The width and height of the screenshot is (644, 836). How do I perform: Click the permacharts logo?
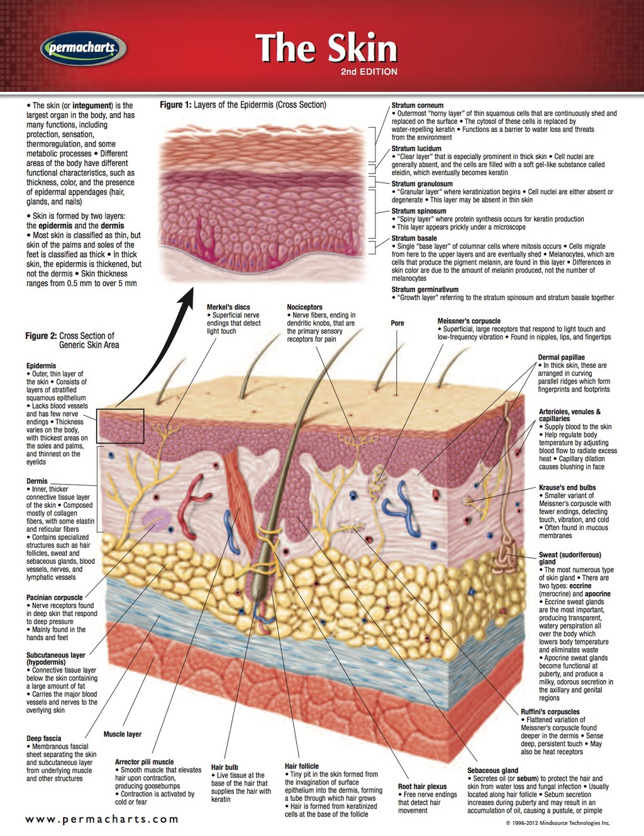tap(82, 48)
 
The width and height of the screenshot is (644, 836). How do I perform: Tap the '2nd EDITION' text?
tap(369, 72)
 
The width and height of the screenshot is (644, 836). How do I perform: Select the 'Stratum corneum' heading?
tap(417, 106)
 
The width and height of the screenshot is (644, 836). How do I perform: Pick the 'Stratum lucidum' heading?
tap(416, 149)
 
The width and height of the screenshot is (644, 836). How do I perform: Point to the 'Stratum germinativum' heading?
tap(425, 290)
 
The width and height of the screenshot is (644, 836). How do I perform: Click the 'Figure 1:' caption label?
tap(175, 105)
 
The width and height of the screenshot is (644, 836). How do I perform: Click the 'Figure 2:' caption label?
tap(41, 336)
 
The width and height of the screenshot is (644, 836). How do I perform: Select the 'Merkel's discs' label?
tap(228, 307)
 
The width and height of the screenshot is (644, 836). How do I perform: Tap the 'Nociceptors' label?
tap(304, 307)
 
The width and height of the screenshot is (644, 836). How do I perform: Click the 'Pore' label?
tap(397, 323)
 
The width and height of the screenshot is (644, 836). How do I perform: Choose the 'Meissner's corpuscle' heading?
tap(469, 321)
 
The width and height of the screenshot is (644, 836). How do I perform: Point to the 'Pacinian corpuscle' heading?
tap(54, 598)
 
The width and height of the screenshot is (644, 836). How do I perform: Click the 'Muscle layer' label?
tap(123, 734)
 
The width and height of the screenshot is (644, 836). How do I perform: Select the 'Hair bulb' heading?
tap(225, 767)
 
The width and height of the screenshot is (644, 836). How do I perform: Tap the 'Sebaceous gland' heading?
tap(492, 770)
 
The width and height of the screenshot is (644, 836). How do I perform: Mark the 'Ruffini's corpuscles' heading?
tap(550, 712)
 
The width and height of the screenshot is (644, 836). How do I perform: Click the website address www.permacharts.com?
tap(102, 819)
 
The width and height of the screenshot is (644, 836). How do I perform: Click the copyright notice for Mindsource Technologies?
tap(558, 822)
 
